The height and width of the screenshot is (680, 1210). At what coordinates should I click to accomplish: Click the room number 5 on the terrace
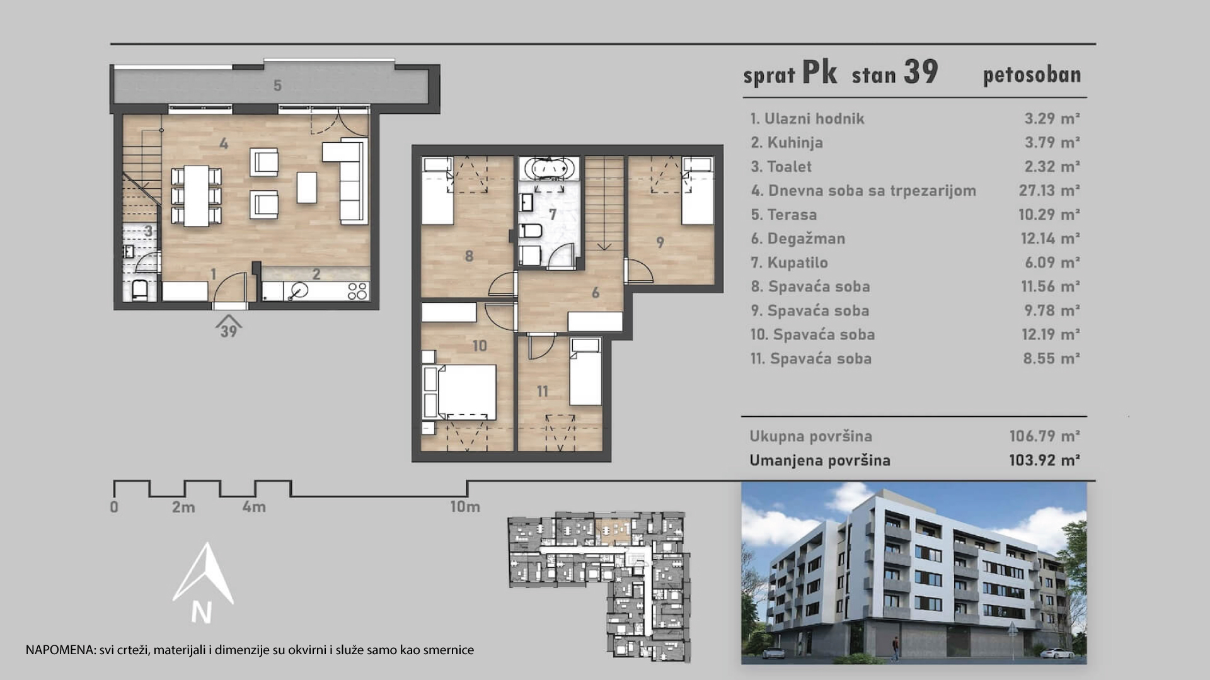pos(277,86)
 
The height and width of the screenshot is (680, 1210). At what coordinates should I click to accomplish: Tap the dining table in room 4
pos(197,196)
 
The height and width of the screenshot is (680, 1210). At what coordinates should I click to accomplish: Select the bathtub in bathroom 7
pos(548,169)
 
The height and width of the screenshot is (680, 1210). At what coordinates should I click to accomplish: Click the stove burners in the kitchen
pos(357,291)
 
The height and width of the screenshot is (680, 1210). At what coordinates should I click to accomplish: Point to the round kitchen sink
pos(299,290)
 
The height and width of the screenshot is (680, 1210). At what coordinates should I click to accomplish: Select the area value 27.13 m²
pos(1049,190)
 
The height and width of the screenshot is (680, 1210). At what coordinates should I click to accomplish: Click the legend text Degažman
pos(806,239)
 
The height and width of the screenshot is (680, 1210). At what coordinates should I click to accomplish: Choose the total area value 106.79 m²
pos(1044,436)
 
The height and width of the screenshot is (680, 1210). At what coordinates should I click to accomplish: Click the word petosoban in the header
pos(1032,75)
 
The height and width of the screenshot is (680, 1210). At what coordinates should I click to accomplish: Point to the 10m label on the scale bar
pos(464,506)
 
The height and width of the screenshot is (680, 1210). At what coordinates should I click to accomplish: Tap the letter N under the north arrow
pos(202,612)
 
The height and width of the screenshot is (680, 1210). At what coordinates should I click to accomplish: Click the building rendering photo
pos(914,573)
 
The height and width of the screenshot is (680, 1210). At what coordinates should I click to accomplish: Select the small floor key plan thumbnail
pos(599,586)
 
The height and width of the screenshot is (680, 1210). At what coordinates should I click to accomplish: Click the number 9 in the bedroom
pos(660,242)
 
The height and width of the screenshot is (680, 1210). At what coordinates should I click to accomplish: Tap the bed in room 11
pos(585,372)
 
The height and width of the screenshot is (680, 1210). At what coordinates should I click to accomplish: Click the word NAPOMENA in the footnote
pos(60,650)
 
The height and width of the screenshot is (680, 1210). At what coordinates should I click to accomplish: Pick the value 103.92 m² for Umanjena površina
pos(1044,460)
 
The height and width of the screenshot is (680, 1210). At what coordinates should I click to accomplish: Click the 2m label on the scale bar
pos(183,507)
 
